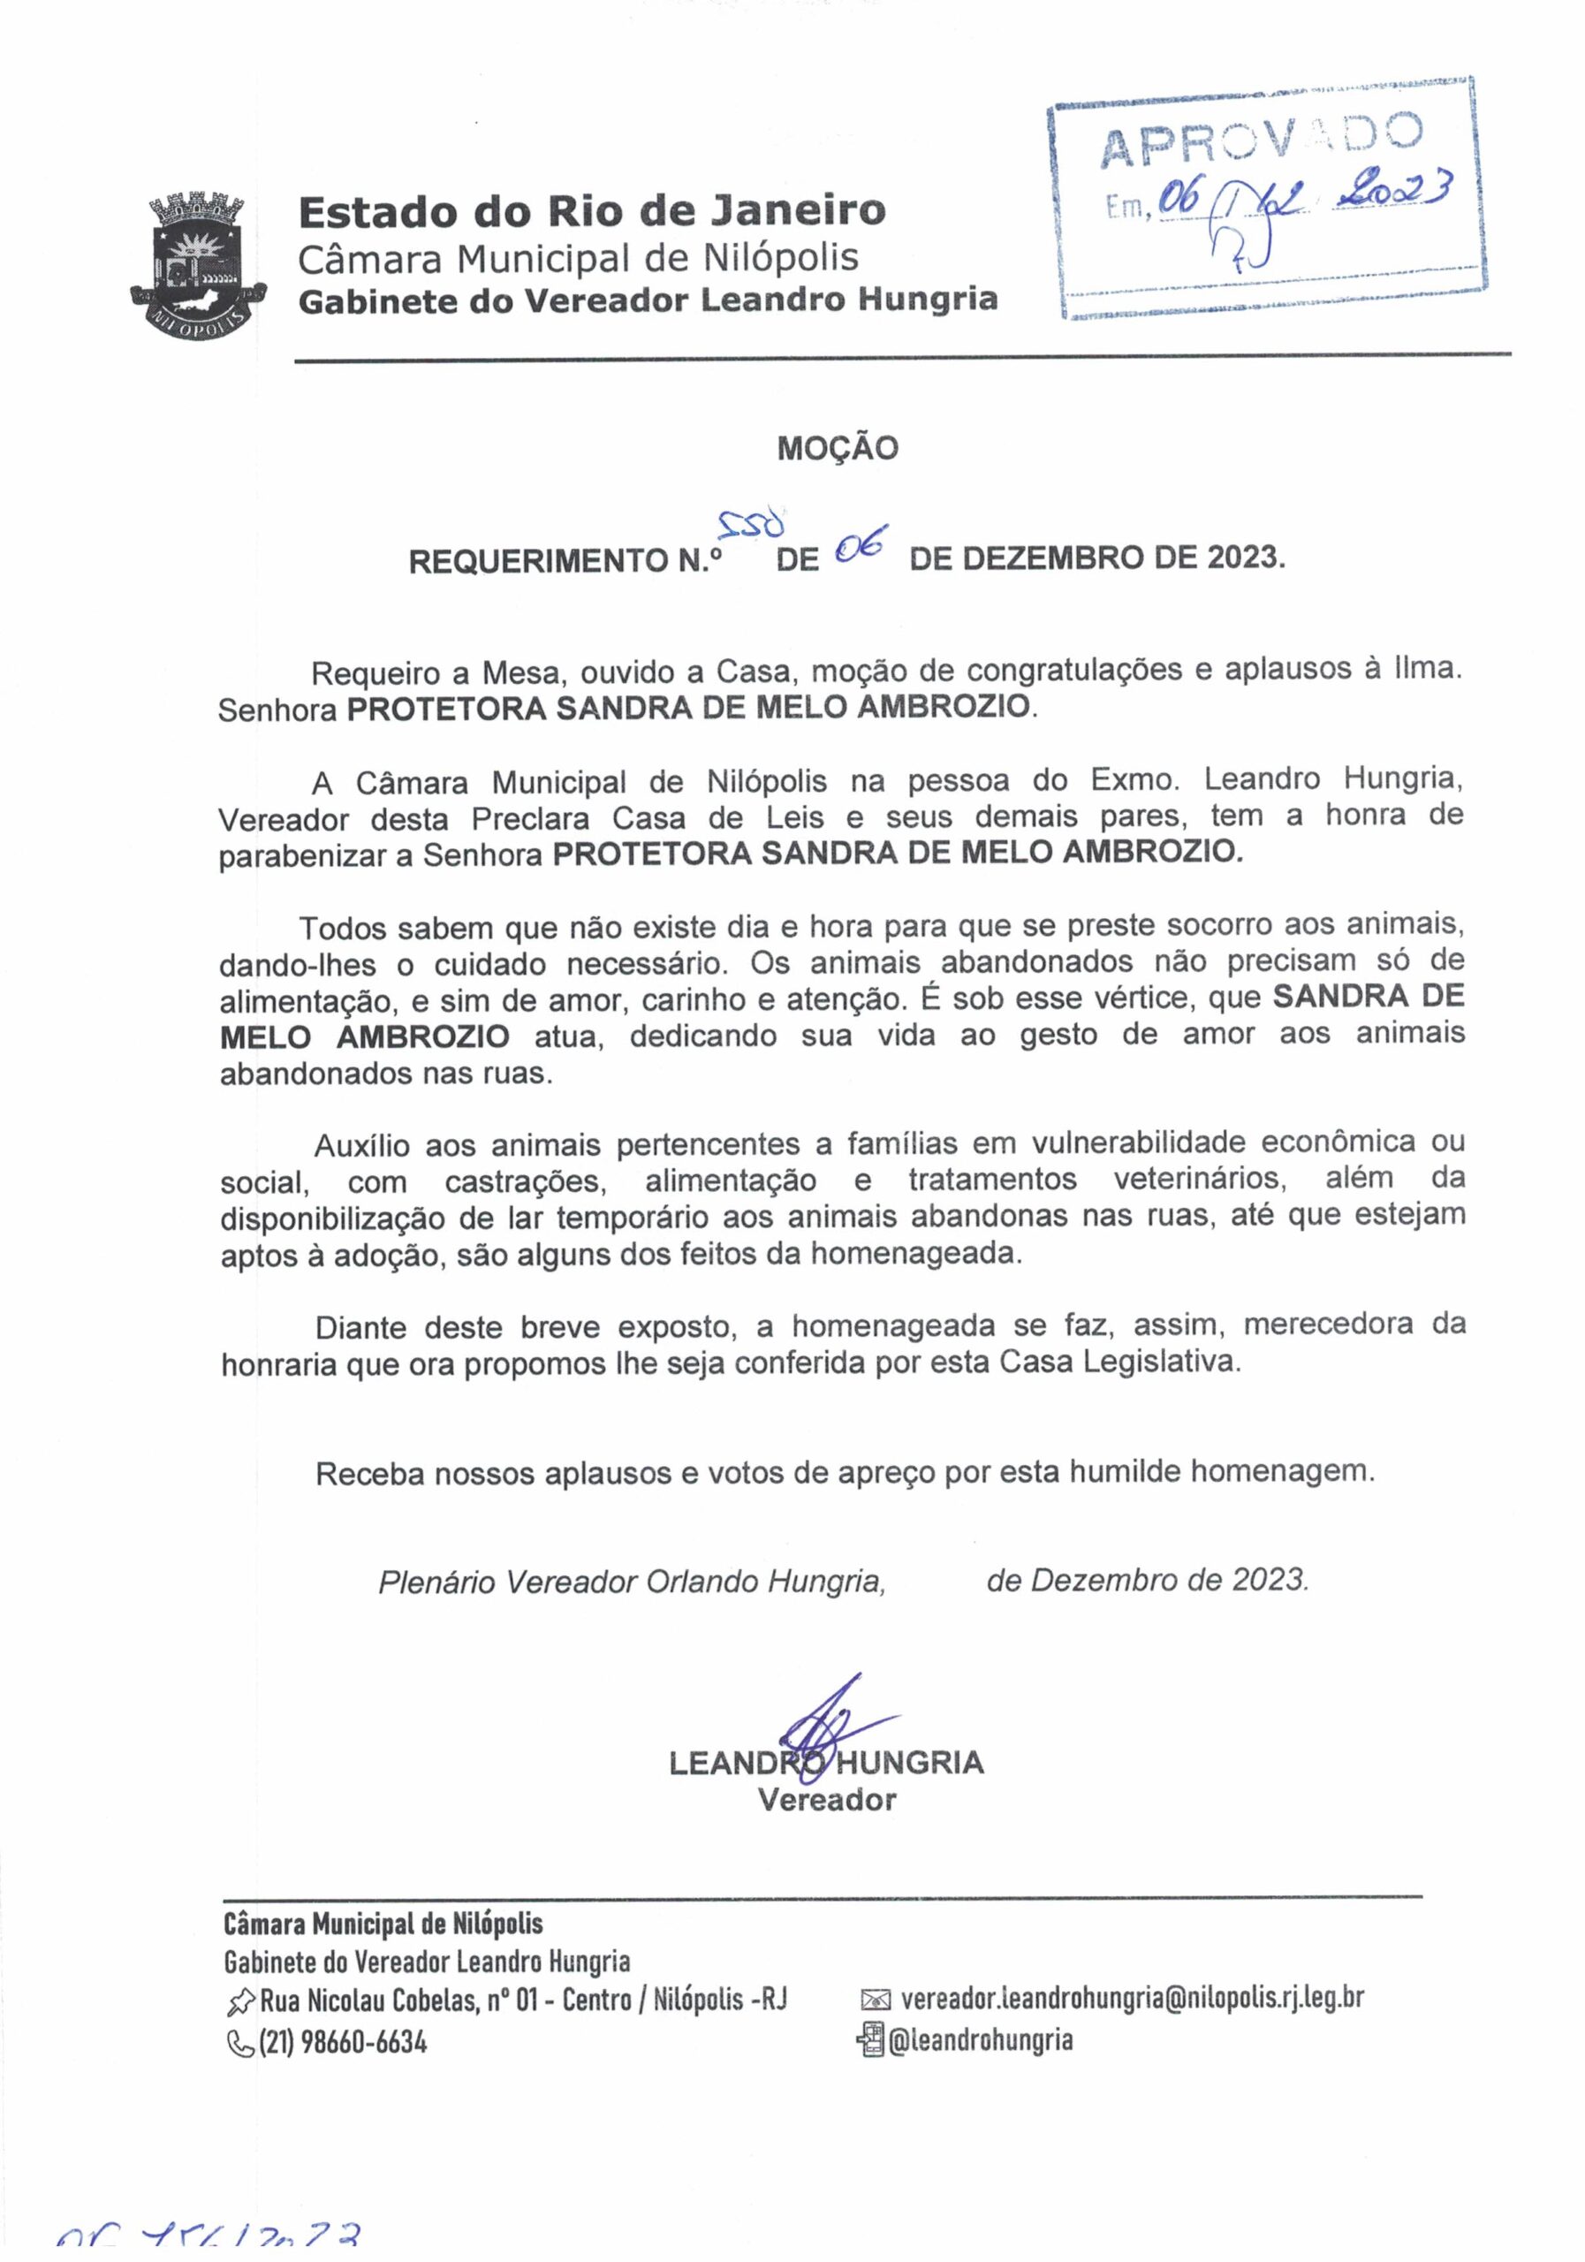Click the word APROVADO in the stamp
tap(1260, 139)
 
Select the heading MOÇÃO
tap(838, 449)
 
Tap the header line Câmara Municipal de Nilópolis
tap(578, 258)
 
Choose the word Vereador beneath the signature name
tap(826, 1800)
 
